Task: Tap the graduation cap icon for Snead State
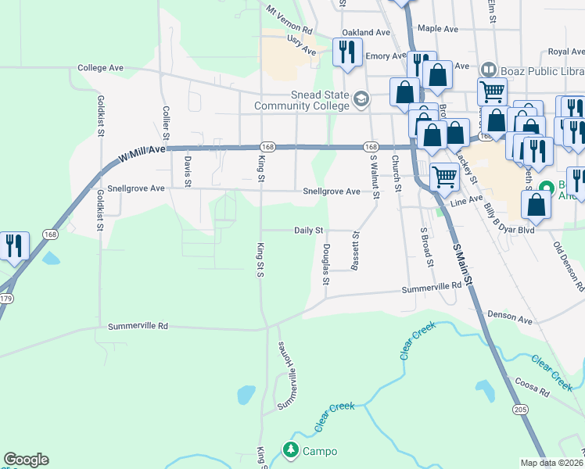point(361,98)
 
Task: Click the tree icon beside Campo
point(291,450)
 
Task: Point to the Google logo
point(26,460)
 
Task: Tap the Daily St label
point(309,231)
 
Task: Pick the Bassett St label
point(356,250)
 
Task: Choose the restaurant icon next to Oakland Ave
point(346,53)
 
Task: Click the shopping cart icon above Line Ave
point(443,177)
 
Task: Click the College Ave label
point(102,68)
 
